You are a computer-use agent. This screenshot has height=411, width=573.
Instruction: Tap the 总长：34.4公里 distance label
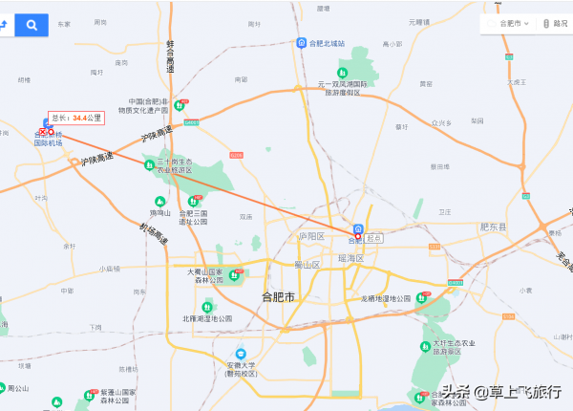point(75,118)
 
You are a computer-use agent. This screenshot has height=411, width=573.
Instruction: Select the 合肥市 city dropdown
point(507,24)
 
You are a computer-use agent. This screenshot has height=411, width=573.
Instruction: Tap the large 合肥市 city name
point(278,297)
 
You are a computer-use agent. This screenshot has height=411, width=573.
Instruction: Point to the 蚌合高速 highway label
point(171,57)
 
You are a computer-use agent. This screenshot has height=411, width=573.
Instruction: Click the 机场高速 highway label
point(150,234)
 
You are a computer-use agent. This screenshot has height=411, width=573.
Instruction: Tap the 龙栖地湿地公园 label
point(386,299)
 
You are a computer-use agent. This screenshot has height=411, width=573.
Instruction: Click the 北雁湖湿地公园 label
point(206,318)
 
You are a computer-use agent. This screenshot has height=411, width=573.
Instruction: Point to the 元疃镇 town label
point(418,21)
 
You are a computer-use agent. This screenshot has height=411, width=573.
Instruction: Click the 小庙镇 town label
point(111,269)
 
